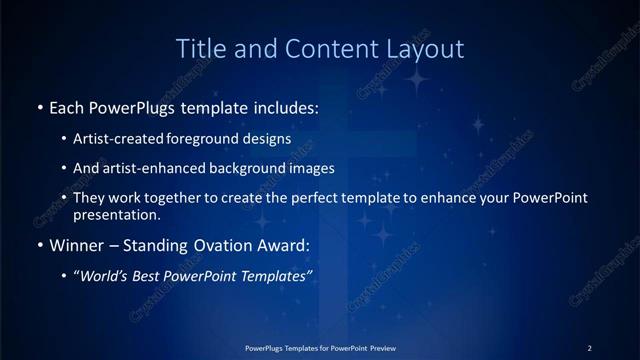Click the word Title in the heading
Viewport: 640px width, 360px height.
tap(199, 48)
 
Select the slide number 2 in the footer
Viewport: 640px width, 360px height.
tap(590, 347)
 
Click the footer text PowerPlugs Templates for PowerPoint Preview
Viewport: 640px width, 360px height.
tap(319, 347)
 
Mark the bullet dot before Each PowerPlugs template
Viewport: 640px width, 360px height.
tap(40, 106)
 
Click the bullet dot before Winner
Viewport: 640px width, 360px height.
tap(40, 244)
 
